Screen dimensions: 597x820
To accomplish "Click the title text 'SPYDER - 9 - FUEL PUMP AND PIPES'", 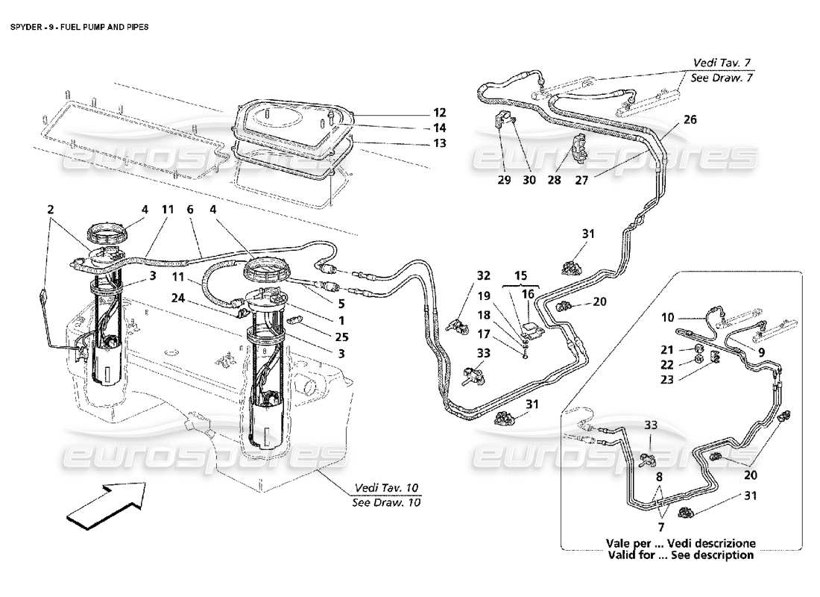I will coord(79,26).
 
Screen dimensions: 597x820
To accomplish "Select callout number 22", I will coord(666,365).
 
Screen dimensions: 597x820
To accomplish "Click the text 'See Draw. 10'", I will coord(386,502).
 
